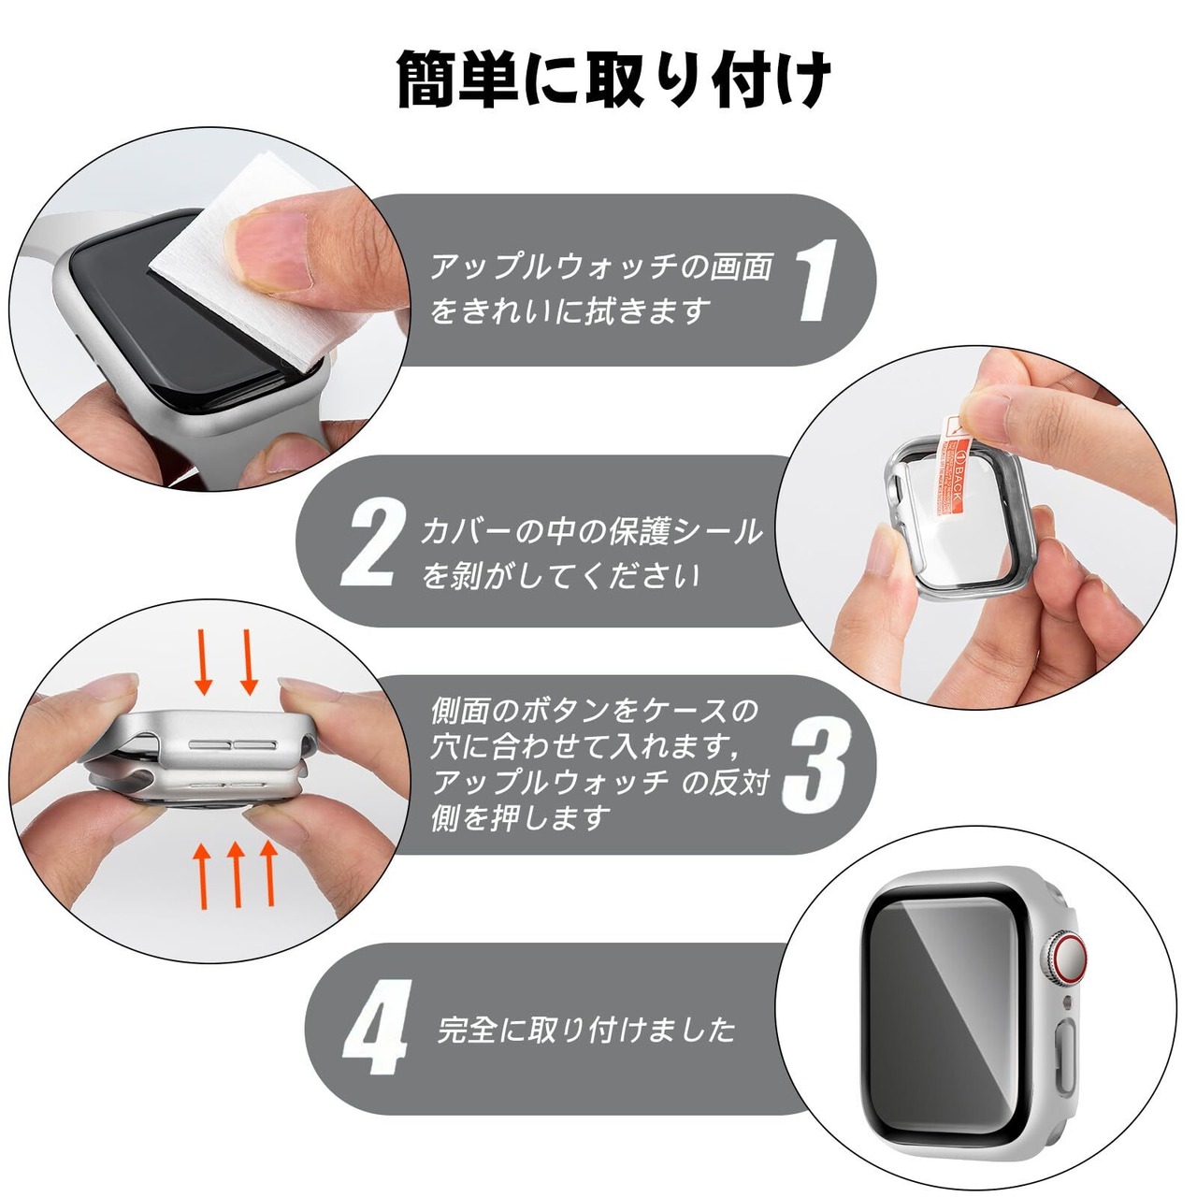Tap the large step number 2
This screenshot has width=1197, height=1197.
(x=372, y=543)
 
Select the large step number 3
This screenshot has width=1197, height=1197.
(x=815, y=767)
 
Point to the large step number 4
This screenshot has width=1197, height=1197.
(x=376, y=1028)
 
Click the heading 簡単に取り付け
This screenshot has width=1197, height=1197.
(x=613, y=80)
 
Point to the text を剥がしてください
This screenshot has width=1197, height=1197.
(x=561, y=574)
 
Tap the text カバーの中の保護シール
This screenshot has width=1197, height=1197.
(x=591, y=532)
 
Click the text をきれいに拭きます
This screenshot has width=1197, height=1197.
(x=570, y=310)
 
